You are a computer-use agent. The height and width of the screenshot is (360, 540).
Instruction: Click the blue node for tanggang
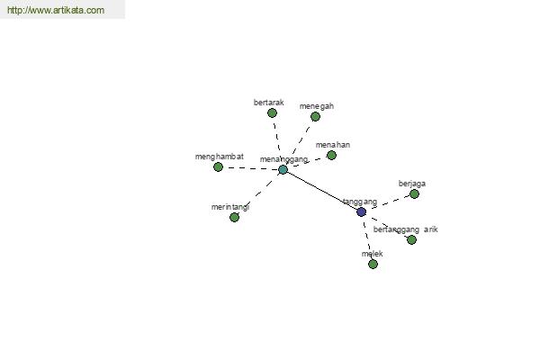click(x=361, y=211)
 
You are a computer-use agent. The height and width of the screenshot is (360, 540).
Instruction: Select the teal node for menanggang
click(x=283, y=169)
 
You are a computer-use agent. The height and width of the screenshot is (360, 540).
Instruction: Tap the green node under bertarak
click(x=272, y=113)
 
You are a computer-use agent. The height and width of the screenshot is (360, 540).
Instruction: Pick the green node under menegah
click(x=315, y=117)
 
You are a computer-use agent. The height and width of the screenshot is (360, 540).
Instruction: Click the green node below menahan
click(x=331, y=156)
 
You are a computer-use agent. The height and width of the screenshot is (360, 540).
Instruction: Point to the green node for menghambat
click(x=218, y=167)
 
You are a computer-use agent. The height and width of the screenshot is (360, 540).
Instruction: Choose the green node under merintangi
click(x=234, y=218)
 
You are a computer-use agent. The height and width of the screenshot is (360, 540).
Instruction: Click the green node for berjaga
click(x=414, y=194)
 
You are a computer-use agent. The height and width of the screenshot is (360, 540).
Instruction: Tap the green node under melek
click(x=373, y=265)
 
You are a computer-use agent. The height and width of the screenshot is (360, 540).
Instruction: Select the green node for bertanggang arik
click(x=411, y=239)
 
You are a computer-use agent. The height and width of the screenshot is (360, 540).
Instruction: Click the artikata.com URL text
click(x=56, y=10)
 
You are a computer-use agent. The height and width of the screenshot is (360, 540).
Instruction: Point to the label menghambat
click(x=220, y=157)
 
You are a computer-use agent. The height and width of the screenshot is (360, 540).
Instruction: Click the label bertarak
click(x=268, y=103)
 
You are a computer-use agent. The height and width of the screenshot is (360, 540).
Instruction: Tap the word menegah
click(x=317, y=106)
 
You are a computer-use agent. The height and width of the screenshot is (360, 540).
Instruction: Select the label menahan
click(x=333, y=145)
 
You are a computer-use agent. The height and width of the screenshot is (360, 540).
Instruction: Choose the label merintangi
click(x=230, y=207)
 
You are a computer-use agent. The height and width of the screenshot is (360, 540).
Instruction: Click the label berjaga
click(x=412, y=184)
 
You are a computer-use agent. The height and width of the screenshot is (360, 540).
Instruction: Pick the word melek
click(x=372, y=254)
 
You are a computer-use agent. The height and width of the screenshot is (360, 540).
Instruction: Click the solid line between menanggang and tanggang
click(x=322, y=191)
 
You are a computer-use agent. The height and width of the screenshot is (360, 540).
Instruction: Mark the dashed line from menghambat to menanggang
click(x=250, y=168)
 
